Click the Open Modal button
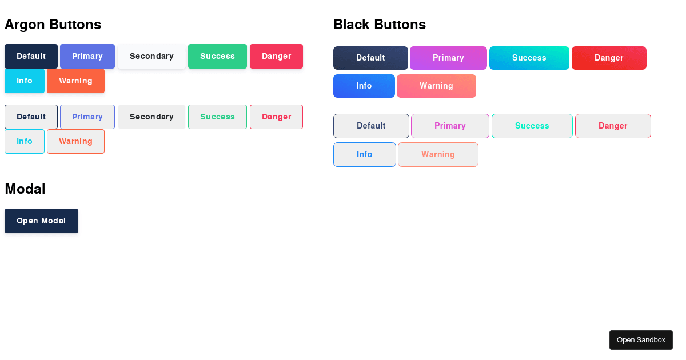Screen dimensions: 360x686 pyautogui.click(x=41, y=221)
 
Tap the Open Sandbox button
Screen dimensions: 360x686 pyautogui.click(x=641, y=340)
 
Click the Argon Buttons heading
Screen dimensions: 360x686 pyautogui.click(x=53, y=25)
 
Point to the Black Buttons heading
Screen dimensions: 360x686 pyautogui.click(x=380, y=25)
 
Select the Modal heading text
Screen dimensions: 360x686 pyautogui.click(x=25, y=189)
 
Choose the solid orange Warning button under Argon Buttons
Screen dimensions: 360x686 pyautogui.click(x=75, y=81)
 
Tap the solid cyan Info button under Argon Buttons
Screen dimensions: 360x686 pyautogui.click(x=25, y=81)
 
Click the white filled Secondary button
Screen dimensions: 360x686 pyautogui.click(x=151, y=56)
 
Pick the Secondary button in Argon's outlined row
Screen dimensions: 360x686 pyautogui.click(x=151, y=117)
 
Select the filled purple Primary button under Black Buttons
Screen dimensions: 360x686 pyautogui.click(x=448, y=58)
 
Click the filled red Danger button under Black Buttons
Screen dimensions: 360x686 pyautogui.click(x=609, y=58)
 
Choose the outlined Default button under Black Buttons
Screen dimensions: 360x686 pyautogui.click(x=371, y=126)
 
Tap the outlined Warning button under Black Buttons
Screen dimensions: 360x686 pyautogui.click(x=438, y=154)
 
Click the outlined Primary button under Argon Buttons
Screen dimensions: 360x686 pyautogui.click(x=87, y=117)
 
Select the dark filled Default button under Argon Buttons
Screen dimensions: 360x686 pyautogui.click(x=31, y=56)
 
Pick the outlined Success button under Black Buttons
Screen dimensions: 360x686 pyautogui.click(x=532, y=126)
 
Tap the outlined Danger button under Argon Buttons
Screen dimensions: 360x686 pyautogui.click(x=276, y=117)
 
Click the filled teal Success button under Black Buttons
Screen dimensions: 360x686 pyautogui.click(x=529, y=58)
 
